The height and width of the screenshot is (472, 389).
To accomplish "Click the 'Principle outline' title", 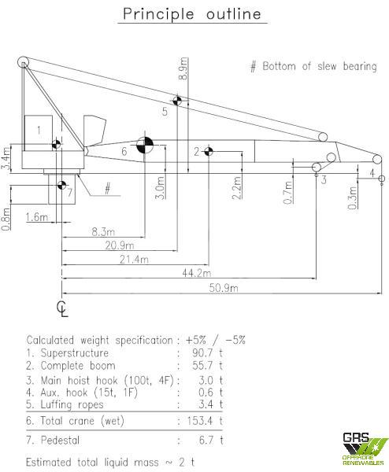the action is tap(192, 14).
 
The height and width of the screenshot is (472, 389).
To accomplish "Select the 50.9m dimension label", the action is tap(224, 288).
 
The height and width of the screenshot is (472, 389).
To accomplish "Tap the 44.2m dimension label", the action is tap(196, 273).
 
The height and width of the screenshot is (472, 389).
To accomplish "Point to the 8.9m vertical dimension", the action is tap(183, 68).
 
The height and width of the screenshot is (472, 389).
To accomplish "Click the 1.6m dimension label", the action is tap(36, 217).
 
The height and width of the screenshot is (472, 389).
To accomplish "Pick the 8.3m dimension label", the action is tap(103, 232).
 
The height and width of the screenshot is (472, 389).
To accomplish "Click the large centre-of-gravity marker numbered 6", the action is tap(145, 145).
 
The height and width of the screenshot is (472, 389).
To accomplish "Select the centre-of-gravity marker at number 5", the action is tap(177, 101).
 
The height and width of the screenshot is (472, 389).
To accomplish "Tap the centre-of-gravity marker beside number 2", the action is tap(209, 151).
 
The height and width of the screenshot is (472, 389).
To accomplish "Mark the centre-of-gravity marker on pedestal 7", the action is tap(61, 185).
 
